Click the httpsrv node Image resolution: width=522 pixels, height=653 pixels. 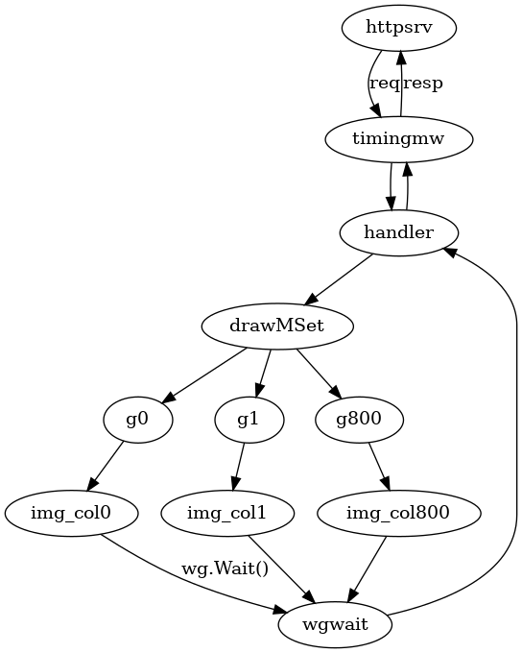[399, 28]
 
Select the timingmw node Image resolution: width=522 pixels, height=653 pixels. [399, 138]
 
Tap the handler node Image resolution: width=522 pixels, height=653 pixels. [399, 232]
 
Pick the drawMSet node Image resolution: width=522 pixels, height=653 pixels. [277, 326]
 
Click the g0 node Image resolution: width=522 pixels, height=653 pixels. [138, 420]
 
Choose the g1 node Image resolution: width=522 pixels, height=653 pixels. [249, 420]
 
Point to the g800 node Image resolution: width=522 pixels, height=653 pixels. [359, 420]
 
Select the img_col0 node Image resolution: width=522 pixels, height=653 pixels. [71, 514]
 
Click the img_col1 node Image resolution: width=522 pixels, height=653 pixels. [227, 514]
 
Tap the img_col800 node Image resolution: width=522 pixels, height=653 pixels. [399, 514]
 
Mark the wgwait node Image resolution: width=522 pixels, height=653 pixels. [335, 625]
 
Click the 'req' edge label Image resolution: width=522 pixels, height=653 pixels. [384, 84]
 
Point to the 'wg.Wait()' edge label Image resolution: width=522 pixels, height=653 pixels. [225, 568]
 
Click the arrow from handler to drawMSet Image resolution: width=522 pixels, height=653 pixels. [339, 279]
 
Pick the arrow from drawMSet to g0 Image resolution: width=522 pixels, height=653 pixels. [203, 376]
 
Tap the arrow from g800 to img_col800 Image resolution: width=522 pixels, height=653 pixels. [379, 467]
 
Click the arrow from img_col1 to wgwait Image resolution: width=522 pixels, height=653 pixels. [281, 568]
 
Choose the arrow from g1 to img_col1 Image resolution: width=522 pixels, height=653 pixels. [239, 467]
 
